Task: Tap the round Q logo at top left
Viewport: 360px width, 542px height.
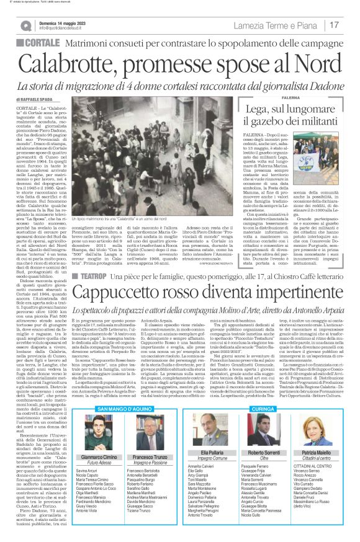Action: point(26,25)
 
